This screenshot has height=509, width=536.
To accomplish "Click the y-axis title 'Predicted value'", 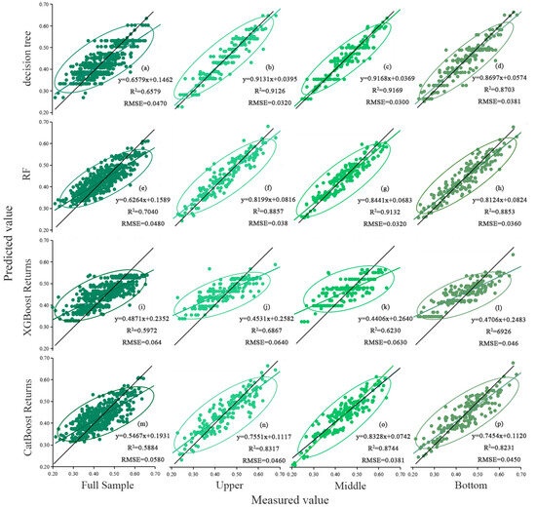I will (x=8, y=254).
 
